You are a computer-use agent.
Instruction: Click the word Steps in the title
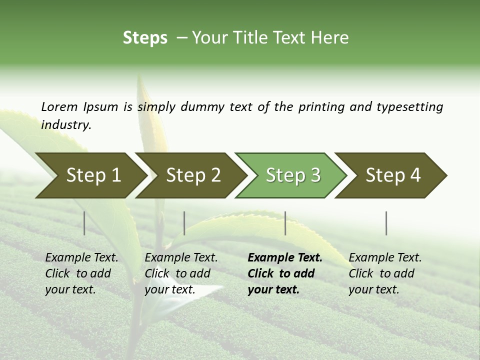(x=145, y=38)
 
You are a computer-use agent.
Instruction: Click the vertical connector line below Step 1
(x=84, y=223)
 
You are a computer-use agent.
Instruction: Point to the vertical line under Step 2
(x=184, y=223)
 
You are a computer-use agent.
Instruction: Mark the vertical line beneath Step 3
(x=285, y=223)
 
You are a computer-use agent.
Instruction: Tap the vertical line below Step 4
(x=386, y=223)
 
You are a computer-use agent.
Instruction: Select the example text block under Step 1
(x=81, y=273)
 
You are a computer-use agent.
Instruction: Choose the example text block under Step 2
(x=181, y=273)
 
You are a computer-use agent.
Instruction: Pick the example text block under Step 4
(x=385, y=273)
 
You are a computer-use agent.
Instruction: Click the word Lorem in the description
(x=59, y=107)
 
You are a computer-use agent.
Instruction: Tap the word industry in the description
(x=65, y=125)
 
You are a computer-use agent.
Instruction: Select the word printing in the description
(x=322, y=107)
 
